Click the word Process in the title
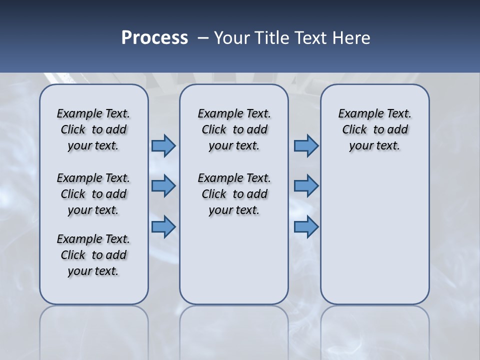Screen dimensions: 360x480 (x=154, y=37)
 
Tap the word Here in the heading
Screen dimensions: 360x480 (x=352, y=37)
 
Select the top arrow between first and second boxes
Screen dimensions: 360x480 (x=163, y=145)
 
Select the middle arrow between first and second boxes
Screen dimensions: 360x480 (x=163, y=186)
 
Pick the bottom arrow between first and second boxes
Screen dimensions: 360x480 (x=163, y=227)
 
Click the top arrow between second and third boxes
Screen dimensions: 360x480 (x=306, y=145)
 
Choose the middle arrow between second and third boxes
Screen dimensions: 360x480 (x=306, y=186)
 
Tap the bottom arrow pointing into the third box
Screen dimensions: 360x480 (x=306, y=227)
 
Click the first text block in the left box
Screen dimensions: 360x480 (x=93, y=129)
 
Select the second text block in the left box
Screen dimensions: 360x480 (x=93, y=194)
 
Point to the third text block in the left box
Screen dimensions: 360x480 (x=93, y=255)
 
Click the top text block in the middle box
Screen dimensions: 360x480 (x=234, y=129)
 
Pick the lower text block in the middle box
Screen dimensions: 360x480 (x=234, y=194)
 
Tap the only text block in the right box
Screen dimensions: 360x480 (x=374, y=129)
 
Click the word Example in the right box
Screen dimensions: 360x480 (x=356, y=114)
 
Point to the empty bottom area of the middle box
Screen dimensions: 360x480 (x=234, y=265)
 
